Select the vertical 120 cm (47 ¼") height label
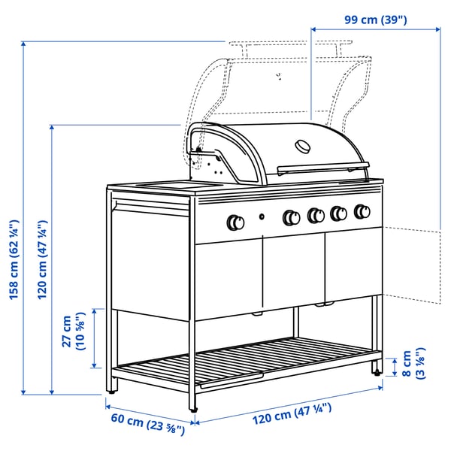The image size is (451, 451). [x=43, y=259]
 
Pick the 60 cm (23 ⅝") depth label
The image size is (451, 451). [x=147, y=425]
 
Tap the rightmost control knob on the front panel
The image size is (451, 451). [x=363, y=211]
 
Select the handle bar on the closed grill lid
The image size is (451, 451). [x=323, y=167]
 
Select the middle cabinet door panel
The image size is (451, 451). [x=294, y=271]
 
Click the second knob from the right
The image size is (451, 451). [x=338, y=213]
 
